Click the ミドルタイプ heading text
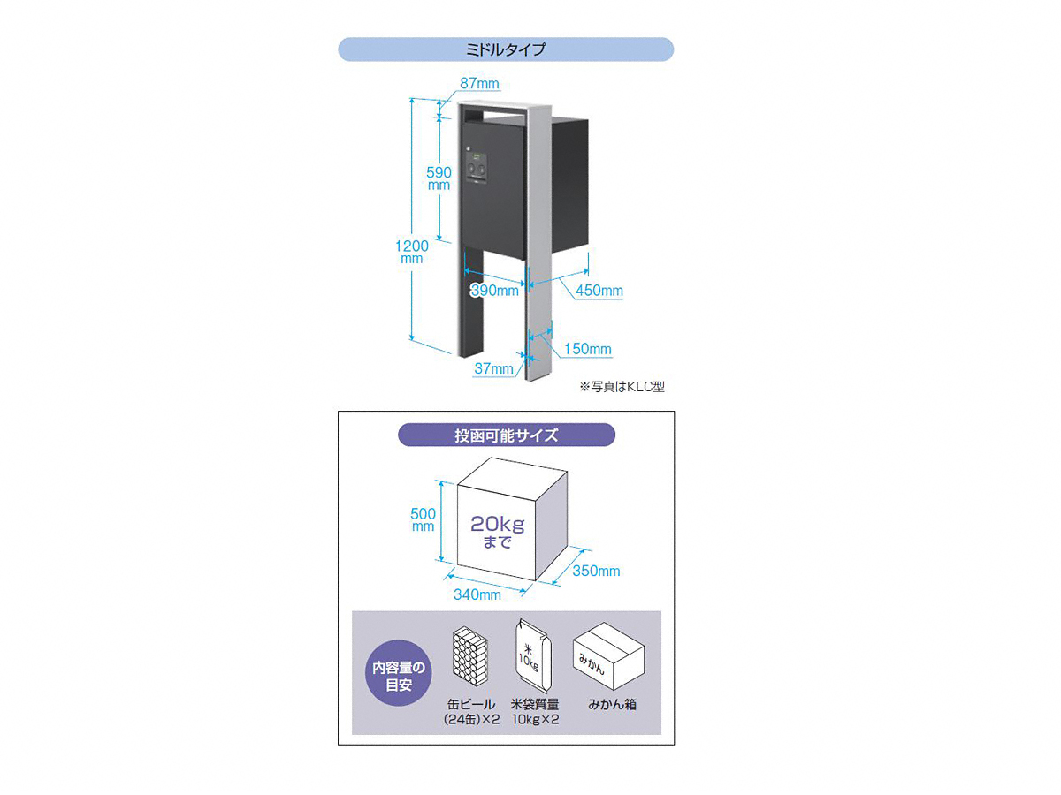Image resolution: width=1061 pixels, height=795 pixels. pos(505,49)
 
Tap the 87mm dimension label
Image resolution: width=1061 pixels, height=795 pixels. pos(479,84)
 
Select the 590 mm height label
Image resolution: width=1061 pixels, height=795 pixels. pos(439,178)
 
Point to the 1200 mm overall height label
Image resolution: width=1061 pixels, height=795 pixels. pos(412,252)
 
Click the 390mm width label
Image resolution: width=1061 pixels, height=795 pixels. pos(494,290)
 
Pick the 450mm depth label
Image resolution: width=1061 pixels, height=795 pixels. pos(599,291)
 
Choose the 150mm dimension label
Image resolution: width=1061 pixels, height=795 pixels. pos(588,349)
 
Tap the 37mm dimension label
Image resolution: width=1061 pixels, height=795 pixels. pos(493,368)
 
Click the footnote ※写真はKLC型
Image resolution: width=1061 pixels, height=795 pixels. pos(622,387)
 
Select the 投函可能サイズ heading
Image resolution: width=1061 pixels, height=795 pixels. pos(506,435)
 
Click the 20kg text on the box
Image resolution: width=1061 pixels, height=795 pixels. pos(498,524)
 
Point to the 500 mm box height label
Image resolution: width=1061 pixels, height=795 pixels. pos(423,519)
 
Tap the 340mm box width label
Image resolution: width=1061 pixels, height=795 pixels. pos(477,594)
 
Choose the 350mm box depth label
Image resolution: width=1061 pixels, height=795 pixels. pos(596,571)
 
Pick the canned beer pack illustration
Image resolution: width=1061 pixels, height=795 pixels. pos(470,656)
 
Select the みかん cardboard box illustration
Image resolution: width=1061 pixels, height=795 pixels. pos(609,656)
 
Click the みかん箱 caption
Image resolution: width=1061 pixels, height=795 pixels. pos(612,704)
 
